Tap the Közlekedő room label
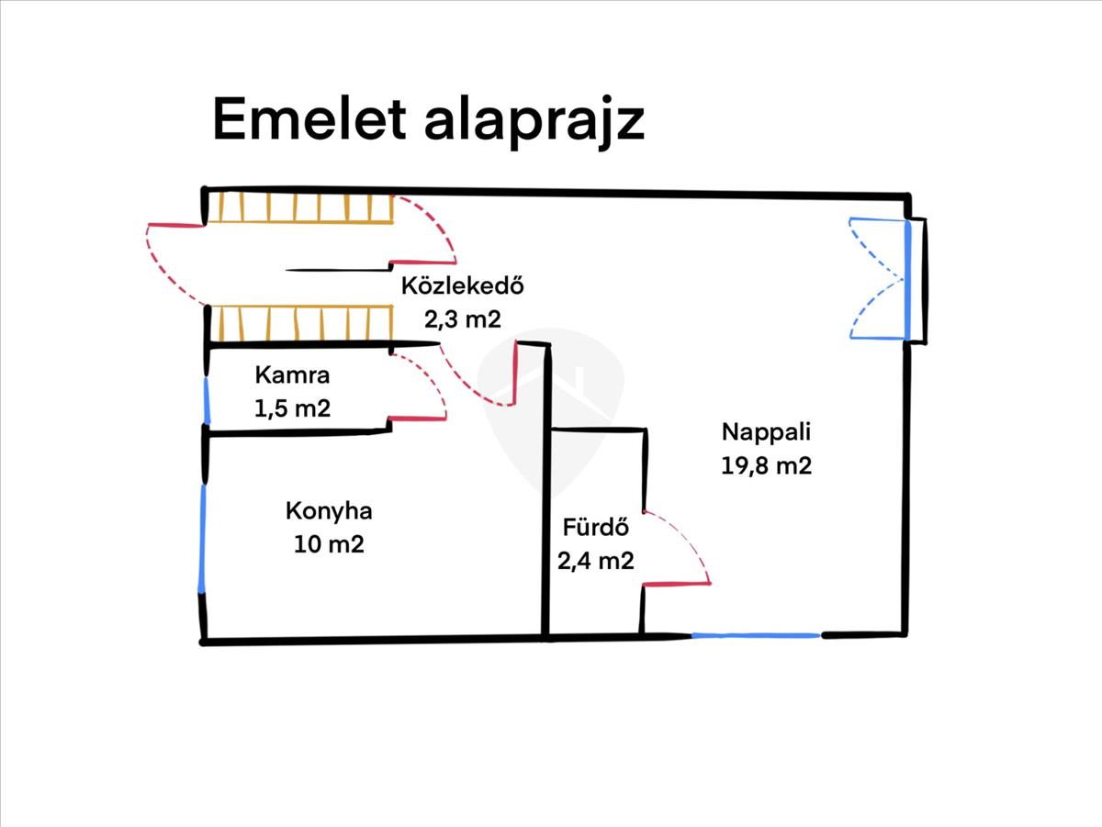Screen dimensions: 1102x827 pos(462,286)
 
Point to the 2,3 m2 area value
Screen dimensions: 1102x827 pos(462,319)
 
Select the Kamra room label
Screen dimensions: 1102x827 pos(292,374)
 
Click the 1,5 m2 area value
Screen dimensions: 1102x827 pos(292,408)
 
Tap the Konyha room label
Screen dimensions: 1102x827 pos(329,511)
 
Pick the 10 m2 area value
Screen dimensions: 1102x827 pos(329,544)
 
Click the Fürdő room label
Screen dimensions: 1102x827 pos(595,528)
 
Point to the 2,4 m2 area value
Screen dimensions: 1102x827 pos(595,560)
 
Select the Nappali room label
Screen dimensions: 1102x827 pos(767,431)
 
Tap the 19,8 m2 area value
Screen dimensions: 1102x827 pos(767,465)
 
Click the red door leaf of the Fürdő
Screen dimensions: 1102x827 pos(677,583)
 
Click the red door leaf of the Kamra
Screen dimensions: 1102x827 pos(417,419)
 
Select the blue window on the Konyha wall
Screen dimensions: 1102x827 pos(202,537)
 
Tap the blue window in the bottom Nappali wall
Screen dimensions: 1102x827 pos(755,635)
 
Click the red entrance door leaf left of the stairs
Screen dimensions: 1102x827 pos(175,225)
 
